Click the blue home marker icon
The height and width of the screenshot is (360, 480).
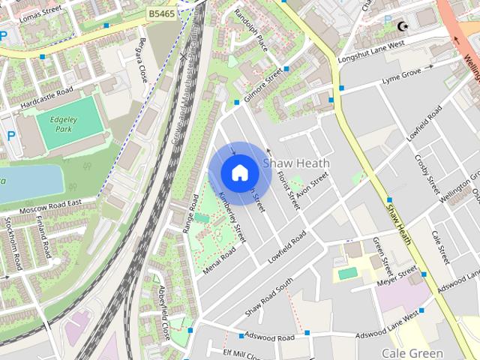(x=238, y=172)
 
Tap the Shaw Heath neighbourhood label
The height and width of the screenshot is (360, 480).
(x=295, y=163)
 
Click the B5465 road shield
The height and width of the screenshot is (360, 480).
(x=163, y=13)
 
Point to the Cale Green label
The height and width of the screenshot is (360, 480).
(x=412, y=352)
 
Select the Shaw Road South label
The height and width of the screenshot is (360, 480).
(x=268, y=298)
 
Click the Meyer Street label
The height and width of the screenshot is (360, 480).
(x=395, y=275)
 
